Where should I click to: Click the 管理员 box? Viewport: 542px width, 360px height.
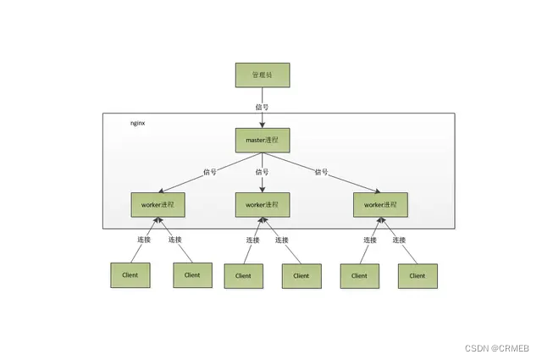click(x=262, y=75)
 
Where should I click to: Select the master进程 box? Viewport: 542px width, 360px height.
click(x=262, y=140)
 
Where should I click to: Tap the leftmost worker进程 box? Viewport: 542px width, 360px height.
click(x=158, y=204)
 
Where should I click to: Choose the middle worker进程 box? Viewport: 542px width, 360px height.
click(x=262, y=204)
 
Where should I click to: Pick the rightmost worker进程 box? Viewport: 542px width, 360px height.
click(x=380, y=204)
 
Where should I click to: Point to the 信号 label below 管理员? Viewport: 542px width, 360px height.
click(x=262, y=108)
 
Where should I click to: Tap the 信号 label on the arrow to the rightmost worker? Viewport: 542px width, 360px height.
click(x=321, y=172)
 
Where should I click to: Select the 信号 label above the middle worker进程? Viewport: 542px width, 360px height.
click(x=262, y=172)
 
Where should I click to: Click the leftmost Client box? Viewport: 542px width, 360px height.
click(x=130, y=274)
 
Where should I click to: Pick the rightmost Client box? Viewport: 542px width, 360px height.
click(x=418, y=275)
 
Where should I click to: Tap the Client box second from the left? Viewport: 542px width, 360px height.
click(x=192, y=274)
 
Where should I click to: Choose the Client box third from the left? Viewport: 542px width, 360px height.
click(x=243, y=275)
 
